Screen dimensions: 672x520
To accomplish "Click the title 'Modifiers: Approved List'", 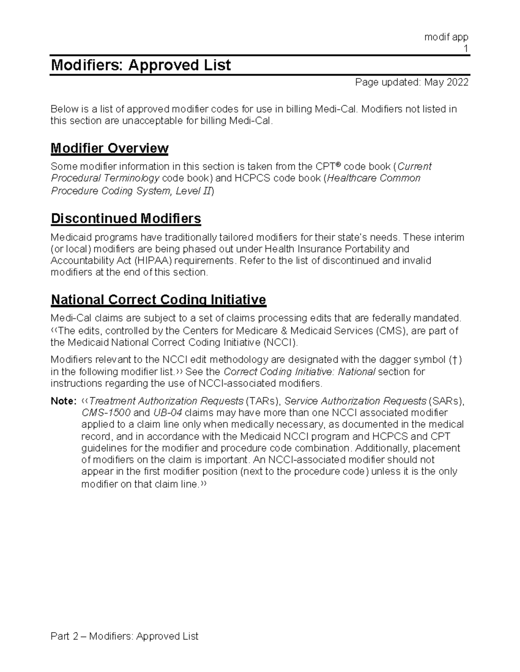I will click(x=141, y=65).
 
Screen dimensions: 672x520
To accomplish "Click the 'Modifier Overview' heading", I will click(x=109, y=148).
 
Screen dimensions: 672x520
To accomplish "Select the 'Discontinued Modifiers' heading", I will click(x=126, y=219).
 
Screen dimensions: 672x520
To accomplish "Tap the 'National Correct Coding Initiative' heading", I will click(x=158, y=299).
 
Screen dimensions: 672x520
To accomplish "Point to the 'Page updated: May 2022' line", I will click(x=412, y=82).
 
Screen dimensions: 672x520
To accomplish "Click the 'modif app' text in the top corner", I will click(x=446, y=37).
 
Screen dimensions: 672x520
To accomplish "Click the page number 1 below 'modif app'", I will click(x=466, y=48).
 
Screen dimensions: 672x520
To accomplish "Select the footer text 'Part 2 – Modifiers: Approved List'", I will click(x=124, y=636).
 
